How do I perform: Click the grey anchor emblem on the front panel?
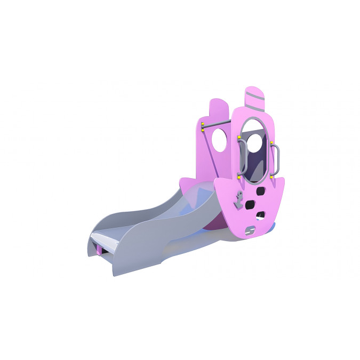pos(240,201)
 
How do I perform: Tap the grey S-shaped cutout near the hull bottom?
pos(251,230)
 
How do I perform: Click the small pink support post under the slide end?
pos(100,249)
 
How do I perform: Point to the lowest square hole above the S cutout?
pos(260,216)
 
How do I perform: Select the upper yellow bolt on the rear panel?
pos(203,124)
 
